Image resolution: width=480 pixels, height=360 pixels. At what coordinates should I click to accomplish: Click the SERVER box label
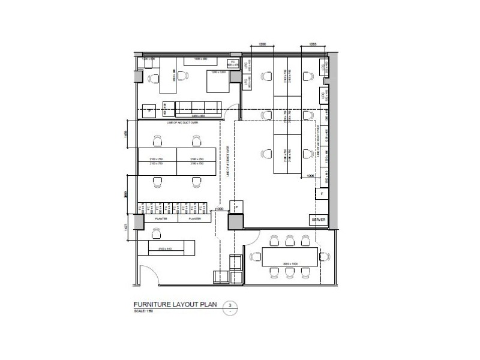coord(318,220)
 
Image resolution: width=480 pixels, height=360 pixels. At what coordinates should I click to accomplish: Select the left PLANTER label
coord(160,220)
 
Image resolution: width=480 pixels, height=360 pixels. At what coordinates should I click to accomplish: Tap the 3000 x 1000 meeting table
coord(290,256)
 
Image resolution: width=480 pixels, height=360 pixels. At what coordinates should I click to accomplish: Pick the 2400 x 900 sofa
coord(197,109)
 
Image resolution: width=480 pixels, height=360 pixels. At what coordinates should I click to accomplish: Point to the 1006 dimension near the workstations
coord(310,176)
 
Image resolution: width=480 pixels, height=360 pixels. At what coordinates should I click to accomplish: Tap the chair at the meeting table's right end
coord(326,256)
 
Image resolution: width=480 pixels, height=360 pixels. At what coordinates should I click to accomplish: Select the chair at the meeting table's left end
coord(254,256)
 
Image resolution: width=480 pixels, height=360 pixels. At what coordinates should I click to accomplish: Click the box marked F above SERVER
coord(322,194)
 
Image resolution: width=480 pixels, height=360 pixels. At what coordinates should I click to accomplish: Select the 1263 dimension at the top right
coord(313,45)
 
